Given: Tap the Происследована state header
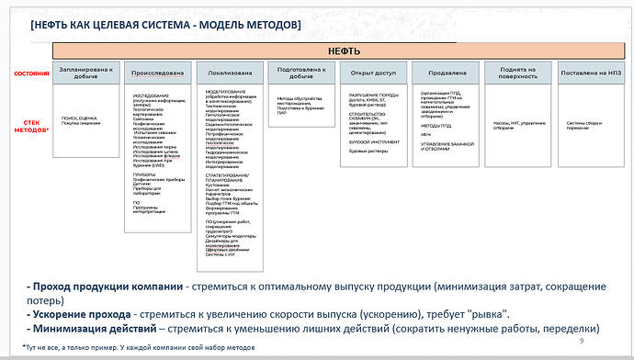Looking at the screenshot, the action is click(158, 73).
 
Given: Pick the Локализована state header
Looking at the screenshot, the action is click(230, 73).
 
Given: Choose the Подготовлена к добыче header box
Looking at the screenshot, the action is click(301, 73).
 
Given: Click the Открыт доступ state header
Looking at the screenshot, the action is click(373, 73).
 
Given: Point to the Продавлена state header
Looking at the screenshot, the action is click(445, 73).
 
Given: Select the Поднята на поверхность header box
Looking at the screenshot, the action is click(517, 73).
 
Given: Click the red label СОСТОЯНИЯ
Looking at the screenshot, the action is click(32, 71).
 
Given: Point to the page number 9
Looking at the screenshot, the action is click(582, 340).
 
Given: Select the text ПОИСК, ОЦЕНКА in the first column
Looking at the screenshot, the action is click(81, 119).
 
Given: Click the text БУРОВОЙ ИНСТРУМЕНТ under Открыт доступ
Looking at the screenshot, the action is click(373, 142).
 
